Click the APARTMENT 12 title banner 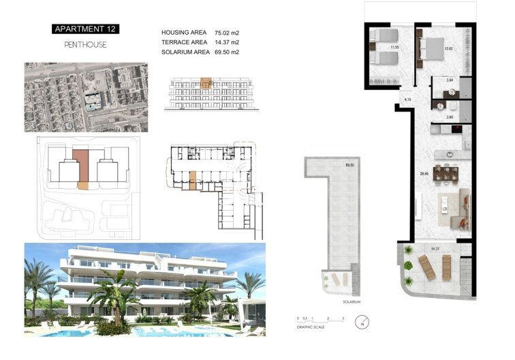click(84, 29)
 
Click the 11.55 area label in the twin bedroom click(394, 48)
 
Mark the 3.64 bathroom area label click(450, 81)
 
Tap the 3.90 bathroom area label click(450, 117)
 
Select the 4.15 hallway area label click(407, 100)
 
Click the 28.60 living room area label click(424, 174)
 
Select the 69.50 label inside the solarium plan click(350, 165)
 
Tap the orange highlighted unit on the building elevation click(206, 83)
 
